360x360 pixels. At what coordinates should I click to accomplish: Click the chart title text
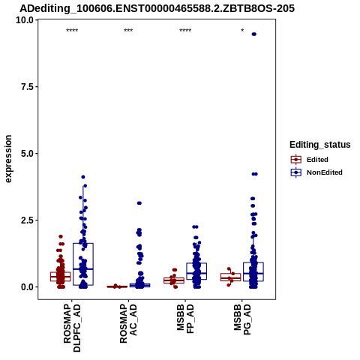(x=157, y=8)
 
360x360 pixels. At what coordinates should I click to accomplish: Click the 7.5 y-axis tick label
(x=27, y=87)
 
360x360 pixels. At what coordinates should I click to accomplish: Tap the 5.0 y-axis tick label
(x=27, y=154)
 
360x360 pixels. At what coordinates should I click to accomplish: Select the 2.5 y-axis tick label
(x=27, y=220)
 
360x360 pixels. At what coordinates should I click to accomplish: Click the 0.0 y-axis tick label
(x=27, y=287)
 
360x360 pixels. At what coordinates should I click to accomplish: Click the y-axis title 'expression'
(x=8, y=159)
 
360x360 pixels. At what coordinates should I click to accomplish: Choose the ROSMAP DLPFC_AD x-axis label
(x=72, y=328)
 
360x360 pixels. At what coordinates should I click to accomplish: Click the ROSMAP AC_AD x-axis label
(x=128, y=323)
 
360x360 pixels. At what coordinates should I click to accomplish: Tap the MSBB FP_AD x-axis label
(x=185, y=319)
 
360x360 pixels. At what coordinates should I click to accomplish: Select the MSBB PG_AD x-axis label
(x=242, y=319)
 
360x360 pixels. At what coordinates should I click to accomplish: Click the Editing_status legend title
(x=320, y=145)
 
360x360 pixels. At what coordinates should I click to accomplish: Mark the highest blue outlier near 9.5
(x=254, y=34)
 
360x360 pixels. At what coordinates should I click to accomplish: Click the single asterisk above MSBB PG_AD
(x=242, y=31)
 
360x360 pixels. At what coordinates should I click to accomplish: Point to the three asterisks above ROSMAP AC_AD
(x=128, y=31)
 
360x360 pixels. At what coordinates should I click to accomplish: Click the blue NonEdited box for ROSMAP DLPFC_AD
(x=83, y=264)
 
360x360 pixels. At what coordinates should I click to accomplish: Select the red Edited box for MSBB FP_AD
(x=174, y=280)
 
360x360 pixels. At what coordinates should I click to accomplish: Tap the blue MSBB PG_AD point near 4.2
(x=254, y=174)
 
